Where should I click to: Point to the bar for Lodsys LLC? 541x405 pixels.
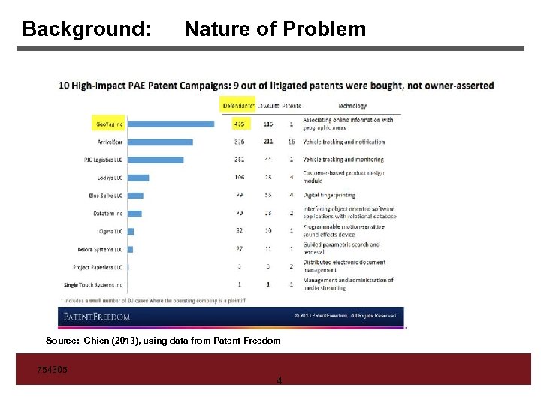(x=138, y=178)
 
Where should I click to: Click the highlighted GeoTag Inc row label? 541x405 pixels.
(x=107, y=124)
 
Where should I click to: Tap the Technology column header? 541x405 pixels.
(x=352, y=106)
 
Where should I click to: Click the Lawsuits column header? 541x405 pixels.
(x=268, y=106)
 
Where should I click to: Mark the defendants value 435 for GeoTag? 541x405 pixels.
(x=239, y=124)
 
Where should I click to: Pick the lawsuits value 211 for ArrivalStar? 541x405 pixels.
(x=268, y=142)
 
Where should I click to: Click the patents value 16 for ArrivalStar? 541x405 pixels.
(x=291, y=142)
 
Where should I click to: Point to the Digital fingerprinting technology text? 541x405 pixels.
(x=329, y=196)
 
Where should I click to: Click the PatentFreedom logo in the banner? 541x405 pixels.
(x=97, y=316)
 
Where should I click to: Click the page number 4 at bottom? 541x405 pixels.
(x=279, y=381)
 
